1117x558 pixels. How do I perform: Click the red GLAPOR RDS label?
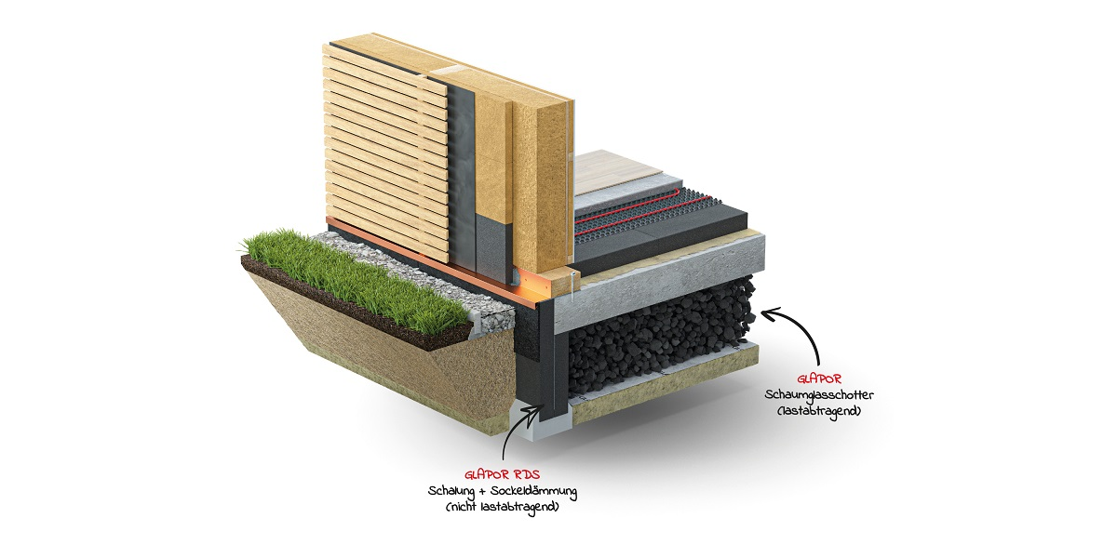[x=502, y=475]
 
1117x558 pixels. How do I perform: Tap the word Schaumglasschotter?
[x=819, y=395]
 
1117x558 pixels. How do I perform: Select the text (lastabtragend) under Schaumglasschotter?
[x=819, y=411]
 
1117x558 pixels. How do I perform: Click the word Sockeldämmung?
[x=533, y=491]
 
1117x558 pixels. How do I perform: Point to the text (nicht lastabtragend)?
[x=502, y=507]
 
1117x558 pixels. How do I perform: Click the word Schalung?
[x=451, y=491]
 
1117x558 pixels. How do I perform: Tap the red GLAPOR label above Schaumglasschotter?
[x=819, y=379]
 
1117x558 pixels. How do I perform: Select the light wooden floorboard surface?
[x=616, y=170]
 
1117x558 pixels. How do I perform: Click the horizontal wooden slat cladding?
[x=385, y=150]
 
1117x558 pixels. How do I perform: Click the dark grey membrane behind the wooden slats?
[x=462, y=175]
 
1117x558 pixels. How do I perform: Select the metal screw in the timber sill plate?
[x=572, y=286]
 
